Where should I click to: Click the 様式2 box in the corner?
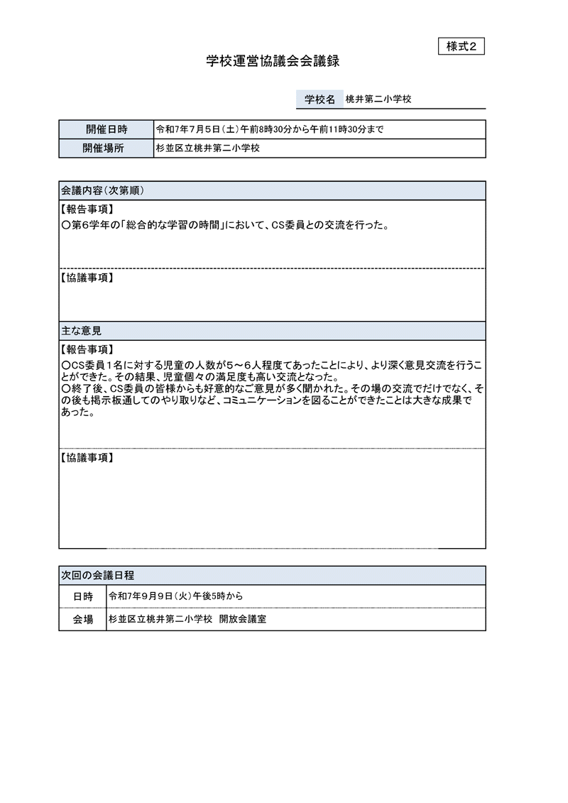point(461,46)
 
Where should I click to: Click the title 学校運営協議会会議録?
point(273,62)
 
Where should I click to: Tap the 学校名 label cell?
point(319,99)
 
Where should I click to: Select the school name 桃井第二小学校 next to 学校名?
point(378,99)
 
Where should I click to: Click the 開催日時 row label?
point(106,129)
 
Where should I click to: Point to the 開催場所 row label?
point(106,148)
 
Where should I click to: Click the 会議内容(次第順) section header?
point(104,190)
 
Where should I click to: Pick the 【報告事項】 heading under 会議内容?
point(86,209)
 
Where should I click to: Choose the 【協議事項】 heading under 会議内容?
point(86,278)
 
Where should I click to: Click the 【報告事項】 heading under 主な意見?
point(86,349)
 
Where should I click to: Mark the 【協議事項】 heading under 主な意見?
point(86,458)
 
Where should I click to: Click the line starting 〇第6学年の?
point(224,226)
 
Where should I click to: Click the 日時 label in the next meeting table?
point(82,596)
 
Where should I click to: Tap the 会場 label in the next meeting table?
point(82,619)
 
